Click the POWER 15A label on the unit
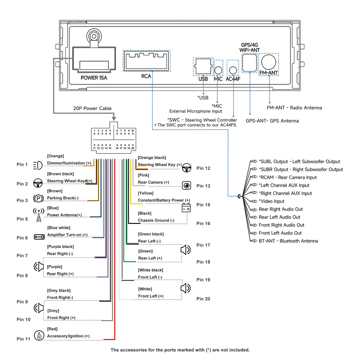tap(94, 78)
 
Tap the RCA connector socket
tap(147, 61)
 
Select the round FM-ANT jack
tap(269, 62)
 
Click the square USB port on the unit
tap(203, 66)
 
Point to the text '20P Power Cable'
tap(92, 109)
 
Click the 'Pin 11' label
tap(23, 339)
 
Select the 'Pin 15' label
tap(203, 205)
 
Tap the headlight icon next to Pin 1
tap(38, 165)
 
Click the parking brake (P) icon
tap(38, 198)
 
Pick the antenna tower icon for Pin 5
tap(39, 215)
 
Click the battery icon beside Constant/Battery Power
tap(186, 208)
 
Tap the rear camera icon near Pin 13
tap(187, 186)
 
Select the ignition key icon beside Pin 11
tap(39, 335)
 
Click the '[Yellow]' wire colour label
tap(146, 193)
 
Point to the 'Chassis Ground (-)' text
tap(156, 220)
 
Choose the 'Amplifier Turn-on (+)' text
tap(67, 235)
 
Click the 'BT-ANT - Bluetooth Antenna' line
tap(288, 241)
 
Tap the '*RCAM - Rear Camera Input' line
tap(288, 177)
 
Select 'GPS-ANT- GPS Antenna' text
tap(272, 121)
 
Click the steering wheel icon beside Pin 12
tap(187, 168)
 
